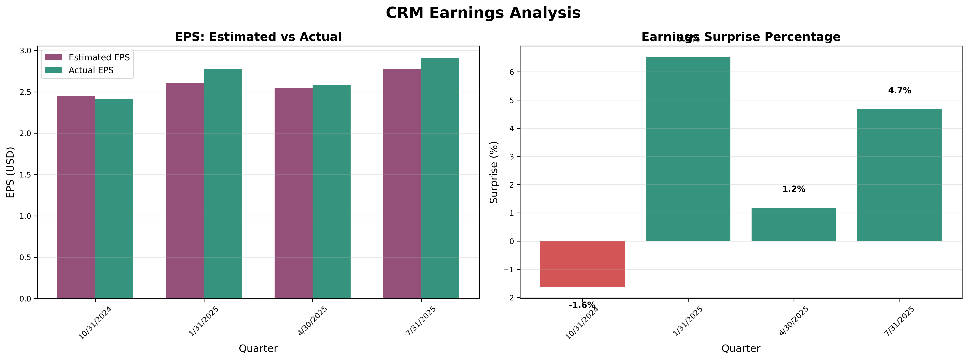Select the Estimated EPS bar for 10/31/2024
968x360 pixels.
[76, 197]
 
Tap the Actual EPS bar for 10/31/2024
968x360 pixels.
[114, 199]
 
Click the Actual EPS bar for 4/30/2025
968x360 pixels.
[331, 192]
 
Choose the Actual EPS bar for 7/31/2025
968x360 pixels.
[440, 178]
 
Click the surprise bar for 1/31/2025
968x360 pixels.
[688, 149]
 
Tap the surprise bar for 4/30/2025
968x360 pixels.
[794, 224]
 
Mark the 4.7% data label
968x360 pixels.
[899, 91]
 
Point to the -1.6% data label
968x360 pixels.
[582, 305]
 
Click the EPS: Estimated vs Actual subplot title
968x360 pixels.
[258, 37]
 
